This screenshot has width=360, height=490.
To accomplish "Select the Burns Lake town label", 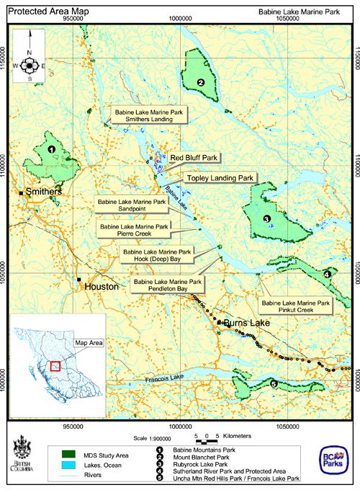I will coord(246,324).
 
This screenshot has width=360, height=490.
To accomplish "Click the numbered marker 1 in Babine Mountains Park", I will coord(52,149).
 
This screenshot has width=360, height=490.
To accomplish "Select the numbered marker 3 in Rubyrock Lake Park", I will coord(266,218).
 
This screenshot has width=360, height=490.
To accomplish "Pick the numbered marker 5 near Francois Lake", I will coord(274,384).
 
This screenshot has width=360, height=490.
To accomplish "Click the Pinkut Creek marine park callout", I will coord(297,307).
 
